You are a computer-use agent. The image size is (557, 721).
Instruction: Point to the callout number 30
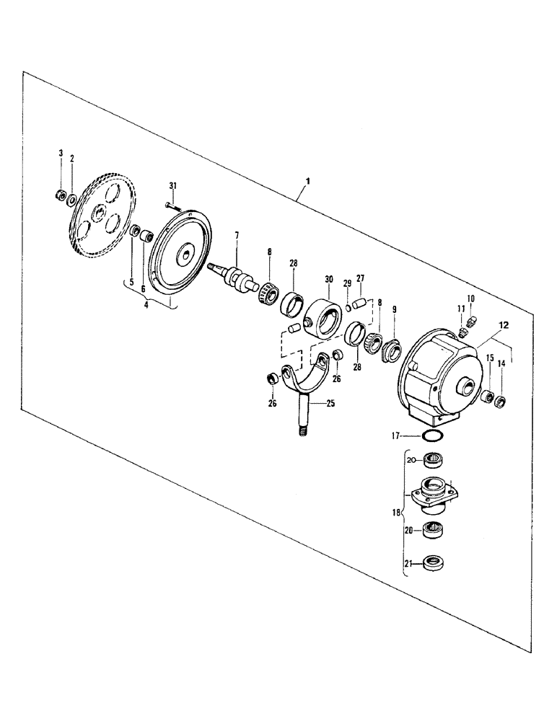click(329, 279)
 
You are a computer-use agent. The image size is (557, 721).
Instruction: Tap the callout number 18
click(393, 513)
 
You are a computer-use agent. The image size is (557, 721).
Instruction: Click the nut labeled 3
click(61, 195)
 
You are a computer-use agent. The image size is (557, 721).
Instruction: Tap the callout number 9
click(393, 309)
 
